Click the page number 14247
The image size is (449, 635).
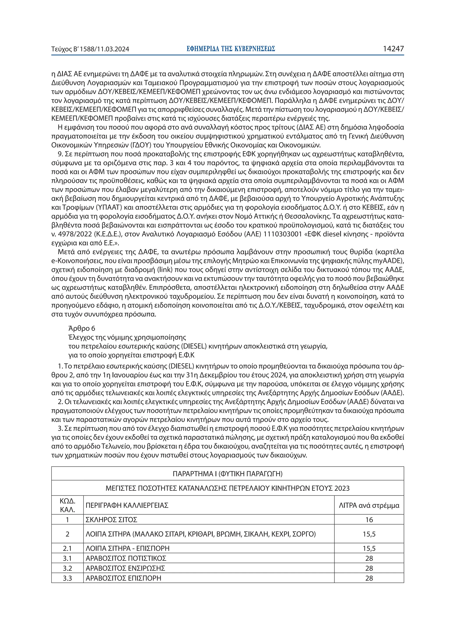pyautogui.click(x=393, y=49)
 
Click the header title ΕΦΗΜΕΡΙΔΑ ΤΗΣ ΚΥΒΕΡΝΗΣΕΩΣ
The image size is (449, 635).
pyautogui.click(x=231, y=49)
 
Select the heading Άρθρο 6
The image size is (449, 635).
pyautogui.click(x=82, y=328)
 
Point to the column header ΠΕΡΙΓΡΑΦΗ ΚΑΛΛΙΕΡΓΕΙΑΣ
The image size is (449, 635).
pyautogui.click(x=127, y=505)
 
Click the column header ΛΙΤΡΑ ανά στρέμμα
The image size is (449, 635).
pyautogui.click(x=369, y=505)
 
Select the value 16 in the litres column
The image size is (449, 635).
pyautogui.click(x=369, y=520)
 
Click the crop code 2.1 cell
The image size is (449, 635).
pyautogui.click(x=67, y=548)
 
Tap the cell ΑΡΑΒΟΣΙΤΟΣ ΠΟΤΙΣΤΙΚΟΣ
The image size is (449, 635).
pyautogui.click(x=126, y=558)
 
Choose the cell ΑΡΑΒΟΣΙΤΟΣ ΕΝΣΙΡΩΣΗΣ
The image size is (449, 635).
pyautogui.click(x=125, y=568)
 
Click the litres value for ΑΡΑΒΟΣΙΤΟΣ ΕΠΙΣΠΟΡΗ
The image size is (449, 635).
pyautogui.click(x=369, y=578)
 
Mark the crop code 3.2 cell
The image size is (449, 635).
pyautogui.click(x=67, y=568)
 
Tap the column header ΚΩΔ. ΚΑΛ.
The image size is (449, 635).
pyautogui.click(x=67, y=505)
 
